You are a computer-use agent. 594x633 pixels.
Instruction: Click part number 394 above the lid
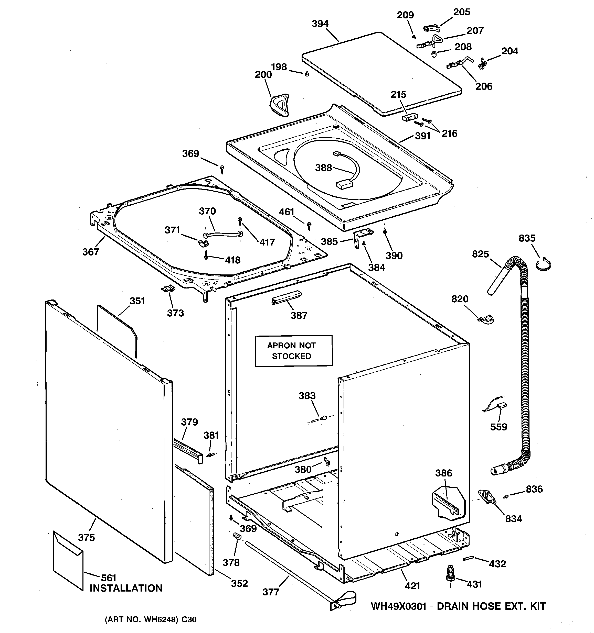click(x=320, y=24)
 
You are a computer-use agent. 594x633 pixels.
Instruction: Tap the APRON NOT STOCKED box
click(x=293, y=351)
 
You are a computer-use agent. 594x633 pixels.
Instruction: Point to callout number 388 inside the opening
click(x=323, y=168)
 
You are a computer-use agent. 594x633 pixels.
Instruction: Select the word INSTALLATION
click(x=126, y=588)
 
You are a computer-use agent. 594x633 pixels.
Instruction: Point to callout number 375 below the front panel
click(x=86, y=538)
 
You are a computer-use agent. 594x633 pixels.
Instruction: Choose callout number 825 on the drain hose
click(x=480, y=254)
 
